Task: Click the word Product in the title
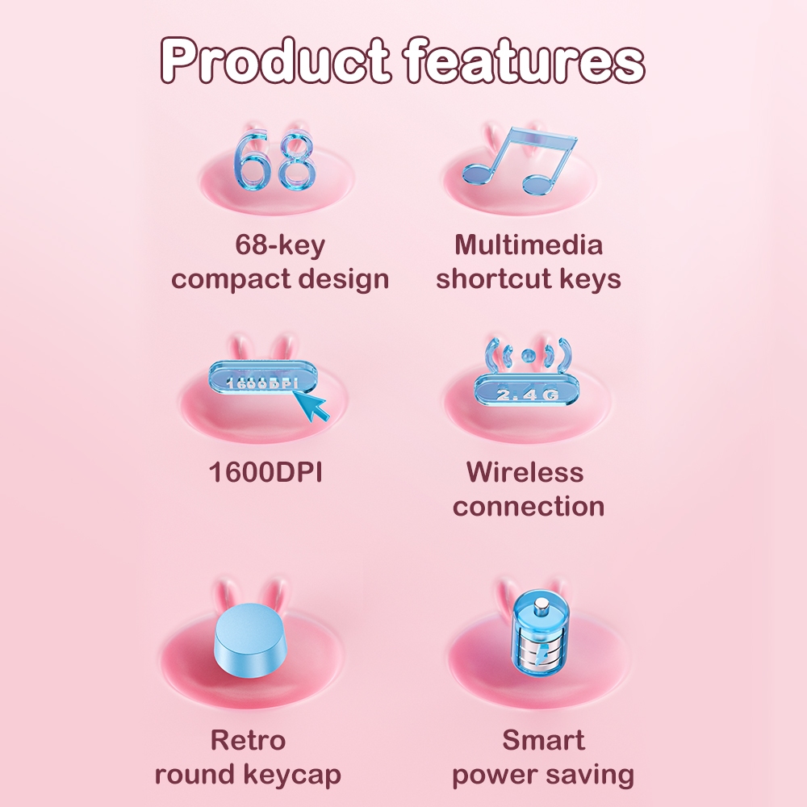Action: click(275, 60)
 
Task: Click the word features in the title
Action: click(524, 60)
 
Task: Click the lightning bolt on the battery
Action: click(542, 655)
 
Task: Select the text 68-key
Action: click(280, 245)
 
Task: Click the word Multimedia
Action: click(529, 245)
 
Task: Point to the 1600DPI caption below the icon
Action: click(266, 472)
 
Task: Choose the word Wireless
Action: click(525, 472)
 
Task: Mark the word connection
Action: click(529, 507)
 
